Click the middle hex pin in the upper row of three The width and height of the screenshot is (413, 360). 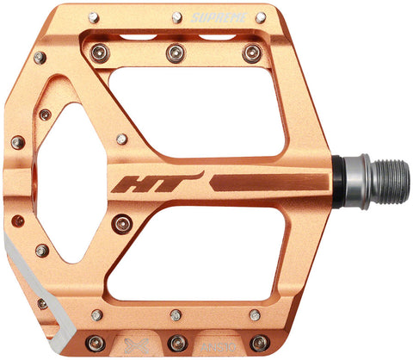coord(176,53)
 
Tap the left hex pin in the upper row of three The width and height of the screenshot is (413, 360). coord(101,53)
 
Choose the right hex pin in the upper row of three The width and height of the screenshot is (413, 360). coord(251,53)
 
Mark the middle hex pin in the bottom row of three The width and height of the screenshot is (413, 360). coord(178,342)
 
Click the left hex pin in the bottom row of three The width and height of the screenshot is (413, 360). coord(96,342)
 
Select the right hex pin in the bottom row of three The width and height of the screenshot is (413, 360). coord(256,342)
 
